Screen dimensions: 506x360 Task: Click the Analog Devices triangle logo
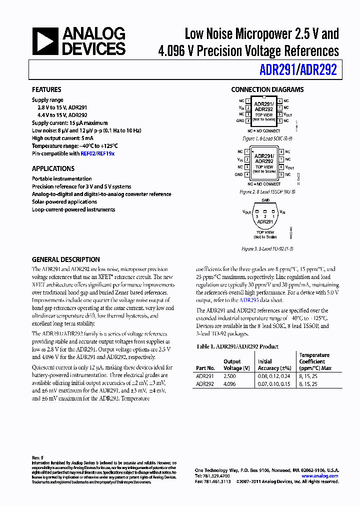[45, 41]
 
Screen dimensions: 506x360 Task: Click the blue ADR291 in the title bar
[277, 69]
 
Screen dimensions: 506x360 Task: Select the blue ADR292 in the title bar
[318, 69]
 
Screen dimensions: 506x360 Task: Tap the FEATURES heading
[46, 90]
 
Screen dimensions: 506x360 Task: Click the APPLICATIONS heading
[53, 169]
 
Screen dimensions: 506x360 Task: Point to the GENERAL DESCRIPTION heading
[65, 260]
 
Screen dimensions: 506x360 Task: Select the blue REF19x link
[105, 154]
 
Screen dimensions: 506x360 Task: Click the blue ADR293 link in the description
[248, 300]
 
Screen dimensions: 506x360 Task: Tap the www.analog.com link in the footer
[320, 476]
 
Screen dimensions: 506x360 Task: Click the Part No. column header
[205, 368]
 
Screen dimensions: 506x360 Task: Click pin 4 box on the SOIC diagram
[248, 121]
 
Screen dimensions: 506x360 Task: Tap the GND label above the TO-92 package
[265, 200]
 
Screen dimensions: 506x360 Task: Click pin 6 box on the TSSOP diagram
[281, 167]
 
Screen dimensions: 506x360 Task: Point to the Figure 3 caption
[267, 248]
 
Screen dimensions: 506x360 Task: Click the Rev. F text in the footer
[38, 458]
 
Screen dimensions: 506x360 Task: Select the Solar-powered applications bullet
[64, 202]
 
